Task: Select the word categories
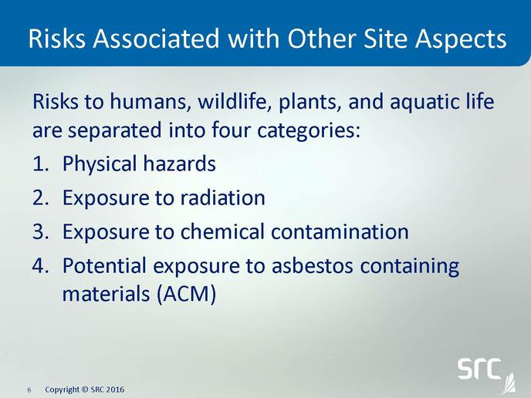(308, 131)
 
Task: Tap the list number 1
(40, 164)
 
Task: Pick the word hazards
(179, 164)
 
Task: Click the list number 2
(41, 197)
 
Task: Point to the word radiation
(222, 197)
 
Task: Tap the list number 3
(41, 232)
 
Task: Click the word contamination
(340, 231)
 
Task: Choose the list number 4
(41, 265)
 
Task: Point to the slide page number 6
(29, 390)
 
